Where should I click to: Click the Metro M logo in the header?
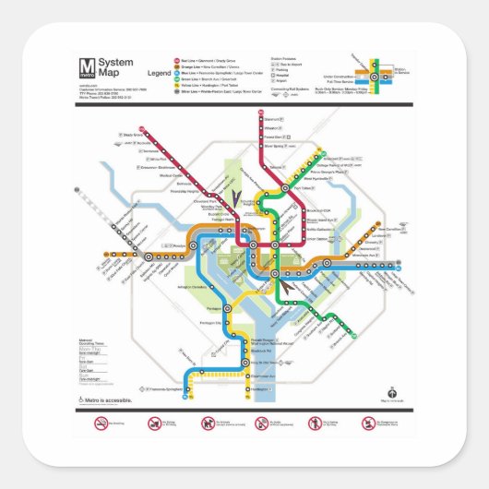(87, 66)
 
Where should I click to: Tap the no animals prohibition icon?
(209, 424)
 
